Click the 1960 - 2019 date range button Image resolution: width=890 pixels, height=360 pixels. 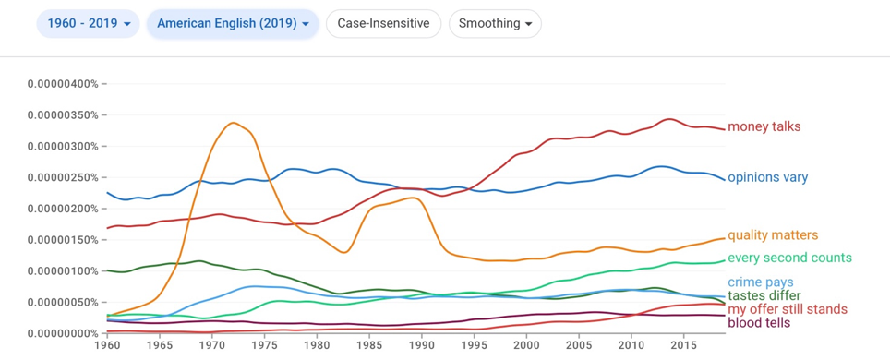point(88,23)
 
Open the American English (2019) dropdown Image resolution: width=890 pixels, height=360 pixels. point(232,23)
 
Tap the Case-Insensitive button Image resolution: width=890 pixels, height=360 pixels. point(383,23)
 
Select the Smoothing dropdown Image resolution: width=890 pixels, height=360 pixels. point(495,23)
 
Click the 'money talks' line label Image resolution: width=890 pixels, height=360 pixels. point(764,126)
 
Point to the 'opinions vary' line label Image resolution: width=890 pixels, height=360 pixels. point(767,178)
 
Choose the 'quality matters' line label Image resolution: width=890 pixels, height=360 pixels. point(773,235)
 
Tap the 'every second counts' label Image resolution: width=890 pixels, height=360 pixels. point(789,258)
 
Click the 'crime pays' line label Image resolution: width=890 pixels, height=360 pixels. point(760,282)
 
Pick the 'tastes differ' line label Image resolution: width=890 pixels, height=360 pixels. point(764,295)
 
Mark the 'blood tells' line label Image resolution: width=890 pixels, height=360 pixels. point(758,323)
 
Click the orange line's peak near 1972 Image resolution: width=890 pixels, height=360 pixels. point(234,123)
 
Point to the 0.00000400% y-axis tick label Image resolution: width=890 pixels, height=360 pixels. point(63,84)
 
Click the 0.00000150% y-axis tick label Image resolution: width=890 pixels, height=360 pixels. point(63,240)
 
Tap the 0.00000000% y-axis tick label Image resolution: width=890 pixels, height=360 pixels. point(63,333)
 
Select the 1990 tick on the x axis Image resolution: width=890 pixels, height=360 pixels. point(422,345)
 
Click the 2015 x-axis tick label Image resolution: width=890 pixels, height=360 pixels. point(684,345)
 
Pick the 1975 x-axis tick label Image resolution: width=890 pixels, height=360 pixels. point(264,345)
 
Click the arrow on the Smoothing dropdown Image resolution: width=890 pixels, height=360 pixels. point(528,24)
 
